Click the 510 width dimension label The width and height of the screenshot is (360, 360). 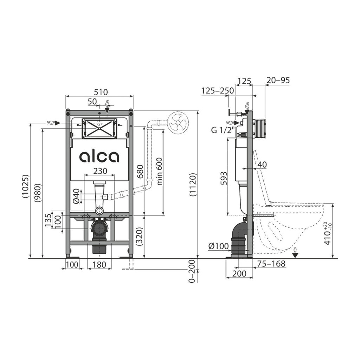click(x=101, y=92)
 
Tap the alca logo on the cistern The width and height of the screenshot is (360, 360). click(x=99, y=156)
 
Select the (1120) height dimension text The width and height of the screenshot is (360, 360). click(x=193, y=185)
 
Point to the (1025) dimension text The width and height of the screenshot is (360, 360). click(x=26, y=186)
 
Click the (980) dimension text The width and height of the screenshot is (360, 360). click(x=38, y=193)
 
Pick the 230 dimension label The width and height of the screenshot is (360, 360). click(x=100, y=171)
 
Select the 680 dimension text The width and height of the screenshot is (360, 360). click(x=140, y=172)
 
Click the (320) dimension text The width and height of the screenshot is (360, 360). click(x=140, y=237)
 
